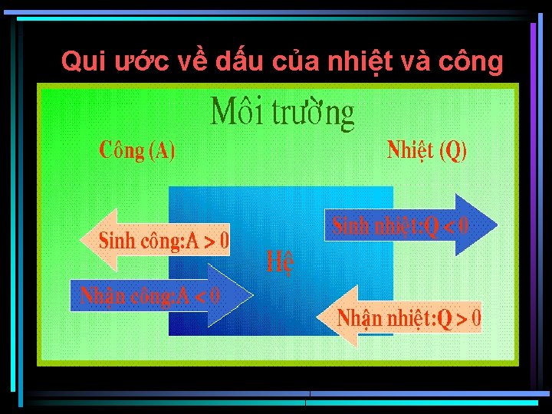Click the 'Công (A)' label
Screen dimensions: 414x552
click(x=138, y=150)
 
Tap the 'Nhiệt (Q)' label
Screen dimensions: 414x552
click(x=427, y=149)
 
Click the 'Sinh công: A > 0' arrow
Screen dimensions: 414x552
click(x=161, y=241)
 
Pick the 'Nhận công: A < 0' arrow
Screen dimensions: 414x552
click(x=153, y=295)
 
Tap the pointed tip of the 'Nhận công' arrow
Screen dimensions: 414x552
click(x=251, y=295)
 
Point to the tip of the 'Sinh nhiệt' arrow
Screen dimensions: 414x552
click(x=496, y=225)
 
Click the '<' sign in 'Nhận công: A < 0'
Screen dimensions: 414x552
click(x=200, y=295)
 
